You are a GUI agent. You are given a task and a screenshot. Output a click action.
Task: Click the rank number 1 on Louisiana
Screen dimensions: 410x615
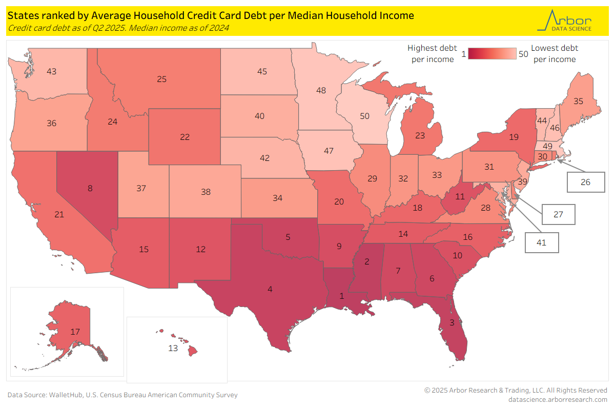[342, 296]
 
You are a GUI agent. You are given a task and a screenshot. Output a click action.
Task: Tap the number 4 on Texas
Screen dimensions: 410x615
[270, 290]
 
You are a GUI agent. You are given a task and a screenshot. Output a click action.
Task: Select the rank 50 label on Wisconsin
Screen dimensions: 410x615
[364, 116]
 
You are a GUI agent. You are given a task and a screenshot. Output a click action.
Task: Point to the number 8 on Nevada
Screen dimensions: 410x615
[90, 188]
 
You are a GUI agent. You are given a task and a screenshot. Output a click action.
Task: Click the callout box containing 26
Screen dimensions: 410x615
[586, 182]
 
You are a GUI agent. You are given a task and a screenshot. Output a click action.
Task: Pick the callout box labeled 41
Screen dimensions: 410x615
[542, 243]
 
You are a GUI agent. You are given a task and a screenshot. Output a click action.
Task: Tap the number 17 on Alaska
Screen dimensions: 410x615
[75, 332]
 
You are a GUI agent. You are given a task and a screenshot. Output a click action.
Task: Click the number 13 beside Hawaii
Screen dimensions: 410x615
[173, 348]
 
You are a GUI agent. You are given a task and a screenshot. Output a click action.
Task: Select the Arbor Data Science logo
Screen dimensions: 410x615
[564, 20]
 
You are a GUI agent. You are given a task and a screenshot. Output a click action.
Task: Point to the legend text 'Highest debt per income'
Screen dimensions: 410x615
[432, 54]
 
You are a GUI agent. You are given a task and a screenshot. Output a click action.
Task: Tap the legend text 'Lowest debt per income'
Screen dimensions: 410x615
[554, 54]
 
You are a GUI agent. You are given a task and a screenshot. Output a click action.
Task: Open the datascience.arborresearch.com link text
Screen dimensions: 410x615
[558, 399]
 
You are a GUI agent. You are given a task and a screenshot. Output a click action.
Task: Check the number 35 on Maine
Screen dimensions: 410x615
[578, 101]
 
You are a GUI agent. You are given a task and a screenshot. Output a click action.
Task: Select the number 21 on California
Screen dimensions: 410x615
[59, 214]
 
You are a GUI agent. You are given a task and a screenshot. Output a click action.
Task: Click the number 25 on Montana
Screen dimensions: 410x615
[161, 79]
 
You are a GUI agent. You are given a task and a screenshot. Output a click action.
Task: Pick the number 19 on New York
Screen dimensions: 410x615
[514, 137]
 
